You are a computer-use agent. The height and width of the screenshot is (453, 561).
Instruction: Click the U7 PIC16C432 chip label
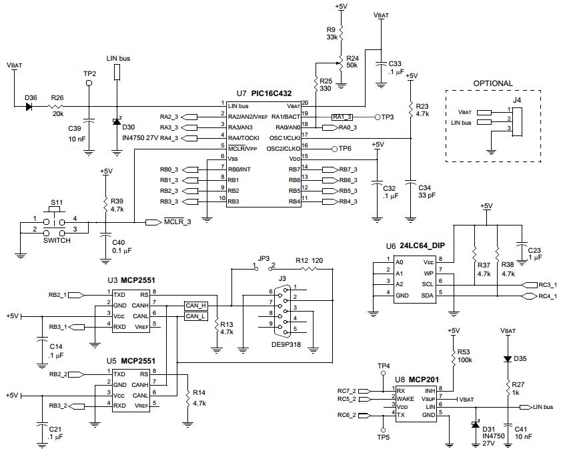263,94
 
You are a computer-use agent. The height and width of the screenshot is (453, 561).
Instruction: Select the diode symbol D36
30,106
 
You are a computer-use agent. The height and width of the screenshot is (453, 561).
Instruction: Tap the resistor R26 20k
59,106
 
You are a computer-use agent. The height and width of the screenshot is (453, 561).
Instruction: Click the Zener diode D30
117,121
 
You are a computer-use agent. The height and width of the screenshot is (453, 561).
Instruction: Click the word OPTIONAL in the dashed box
492,83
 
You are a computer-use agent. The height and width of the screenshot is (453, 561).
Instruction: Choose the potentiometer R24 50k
341,62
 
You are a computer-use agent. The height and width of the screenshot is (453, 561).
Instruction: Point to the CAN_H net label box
195,305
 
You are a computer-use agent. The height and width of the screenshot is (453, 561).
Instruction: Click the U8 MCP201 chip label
414,380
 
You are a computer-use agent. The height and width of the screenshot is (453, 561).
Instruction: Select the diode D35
507,358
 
